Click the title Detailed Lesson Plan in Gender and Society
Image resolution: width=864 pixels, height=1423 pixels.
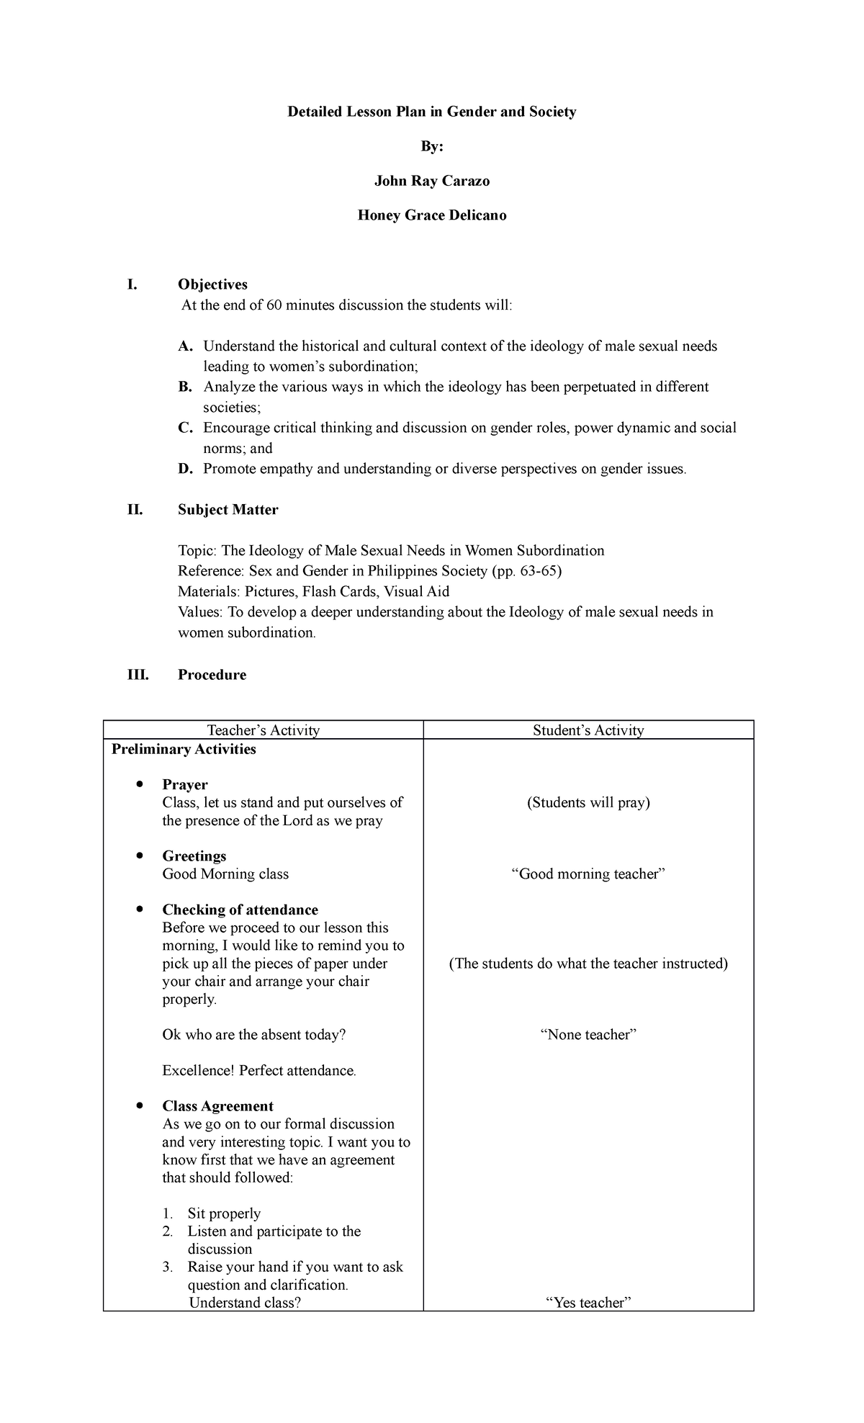432,112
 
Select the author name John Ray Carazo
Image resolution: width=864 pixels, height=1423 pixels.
432,181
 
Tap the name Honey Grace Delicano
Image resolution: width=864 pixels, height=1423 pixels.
432,215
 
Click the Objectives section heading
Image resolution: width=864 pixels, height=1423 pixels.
212,284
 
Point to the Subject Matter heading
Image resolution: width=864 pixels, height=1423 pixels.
228,510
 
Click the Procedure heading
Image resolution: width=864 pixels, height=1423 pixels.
212,675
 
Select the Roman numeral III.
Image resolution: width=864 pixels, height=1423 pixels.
138,675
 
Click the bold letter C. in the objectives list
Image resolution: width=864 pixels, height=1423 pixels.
186,428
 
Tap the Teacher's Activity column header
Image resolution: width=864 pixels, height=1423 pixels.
263,730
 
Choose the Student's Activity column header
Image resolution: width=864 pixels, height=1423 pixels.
588,730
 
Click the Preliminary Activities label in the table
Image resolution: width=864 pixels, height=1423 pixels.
184,749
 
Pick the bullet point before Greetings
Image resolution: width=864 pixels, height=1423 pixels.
139,855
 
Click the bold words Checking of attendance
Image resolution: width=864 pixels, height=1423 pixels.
240,910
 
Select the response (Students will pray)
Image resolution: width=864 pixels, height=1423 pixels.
588,802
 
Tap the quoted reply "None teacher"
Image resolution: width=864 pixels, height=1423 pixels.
588,1035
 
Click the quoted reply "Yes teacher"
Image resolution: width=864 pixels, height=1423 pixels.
588,1303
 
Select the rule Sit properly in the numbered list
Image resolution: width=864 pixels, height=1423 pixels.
224,1213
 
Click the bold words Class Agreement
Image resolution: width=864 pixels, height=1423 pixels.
217,1106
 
